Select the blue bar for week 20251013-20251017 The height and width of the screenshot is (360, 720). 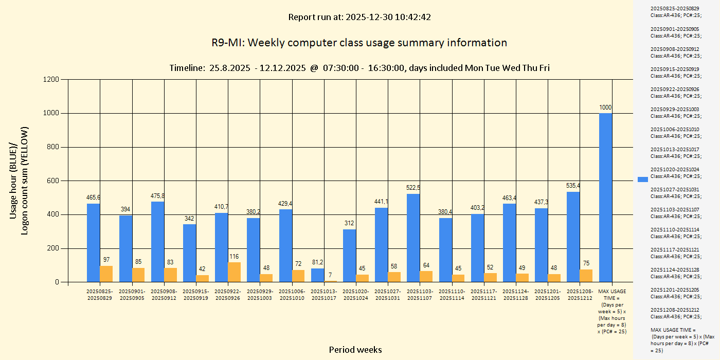[x=318, y=275]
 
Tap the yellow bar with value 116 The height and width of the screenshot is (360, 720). [x=235, y=272]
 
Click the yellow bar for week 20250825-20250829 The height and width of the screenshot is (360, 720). [x=106, y=274]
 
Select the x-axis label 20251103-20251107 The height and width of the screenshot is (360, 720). [x=420, y=295]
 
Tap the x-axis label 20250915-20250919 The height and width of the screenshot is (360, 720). [x=196, y=295]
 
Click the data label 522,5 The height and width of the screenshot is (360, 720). [x=413, y=188]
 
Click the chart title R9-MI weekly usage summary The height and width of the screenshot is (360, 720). [x=359, y=43]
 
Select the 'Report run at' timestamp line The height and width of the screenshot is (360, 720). [x=359, y=17]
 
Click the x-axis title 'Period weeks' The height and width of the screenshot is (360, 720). [x=355, y=350]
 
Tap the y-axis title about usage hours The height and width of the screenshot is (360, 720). [x=20, y=180]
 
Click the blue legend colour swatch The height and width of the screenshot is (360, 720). [x=642, y=179]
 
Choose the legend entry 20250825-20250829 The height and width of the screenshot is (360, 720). [x=675, y=11]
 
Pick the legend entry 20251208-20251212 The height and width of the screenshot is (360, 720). [x=675, y=313]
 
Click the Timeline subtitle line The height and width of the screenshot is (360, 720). [x=359, y=68]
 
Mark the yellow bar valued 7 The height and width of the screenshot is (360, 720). [x=331, y=281]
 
